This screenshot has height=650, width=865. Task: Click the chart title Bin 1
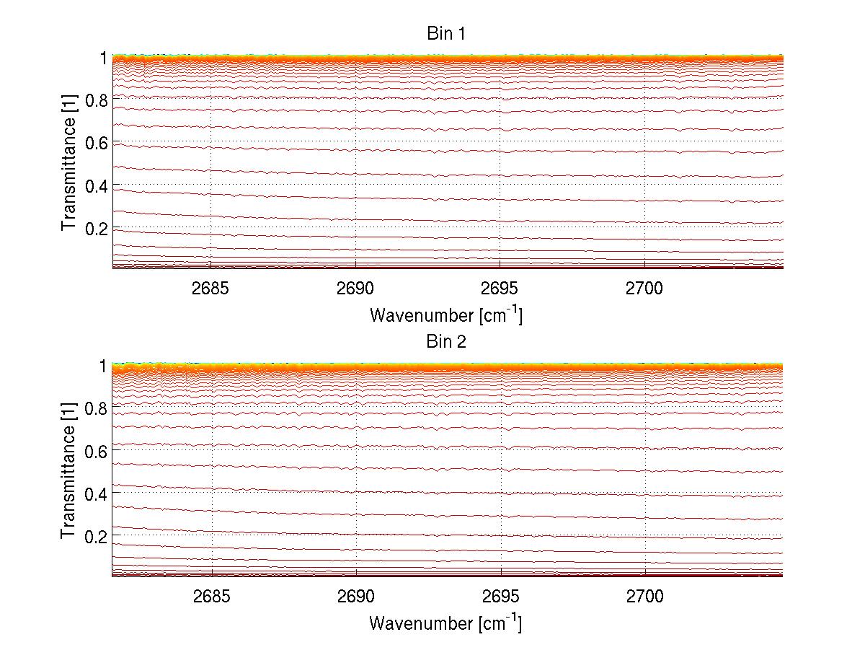(446, 34)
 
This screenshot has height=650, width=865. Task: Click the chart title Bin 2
(446, 342)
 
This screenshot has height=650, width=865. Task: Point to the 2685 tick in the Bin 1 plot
(210, 288)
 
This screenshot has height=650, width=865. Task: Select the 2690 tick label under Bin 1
(355, 288)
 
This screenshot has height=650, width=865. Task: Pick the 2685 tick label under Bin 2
(210, 597)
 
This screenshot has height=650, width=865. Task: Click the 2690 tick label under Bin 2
(355, 597)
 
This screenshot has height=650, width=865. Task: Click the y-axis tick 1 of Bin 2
(102, 366)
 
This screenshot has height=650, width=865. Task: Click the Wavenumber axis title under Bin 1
(446, 315)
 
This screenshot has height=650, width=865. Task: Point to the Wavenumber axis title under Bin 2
(446, 623)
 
